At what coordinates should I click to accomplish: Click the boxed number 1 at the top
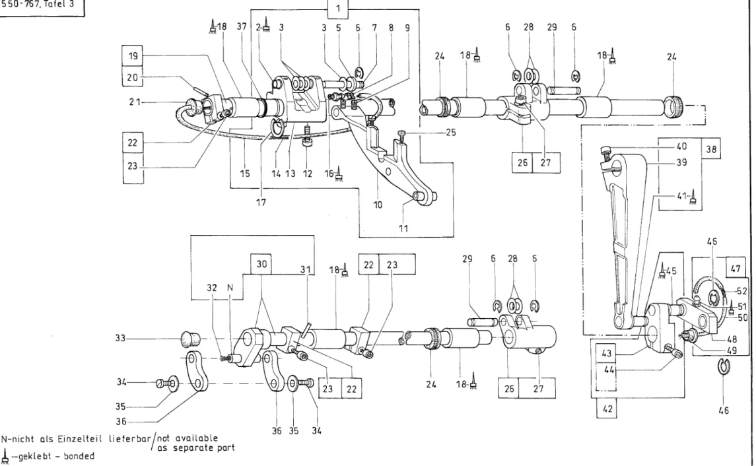click(337, 9)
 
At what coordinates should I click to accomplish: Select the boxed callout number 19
click(133, 55)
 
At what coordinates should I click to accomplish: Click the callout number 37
click(242, 26)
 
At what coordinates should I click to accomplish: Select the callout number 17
click(261, 203)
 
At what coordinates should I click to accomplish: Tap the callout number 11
click(403, 228)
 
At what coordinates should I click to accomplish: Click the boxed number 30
click(261, 264)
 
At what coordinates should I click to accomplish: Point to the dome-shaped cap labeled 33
click(190, 339)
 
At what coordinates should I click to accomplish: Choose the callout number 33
click(121, 339)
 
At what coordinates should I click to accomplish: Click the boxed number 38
click(711, 149)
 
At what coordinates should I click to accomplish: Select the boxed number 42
click(607, 409)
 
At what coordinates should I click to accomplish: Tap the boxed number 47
click(736, 269)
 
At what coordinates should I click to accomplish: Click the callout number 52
click(743, 291)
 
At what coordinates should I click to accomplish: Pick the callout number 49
click(732, 350)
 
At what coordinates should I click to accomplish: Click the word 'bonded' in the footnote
click(79, 456)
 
